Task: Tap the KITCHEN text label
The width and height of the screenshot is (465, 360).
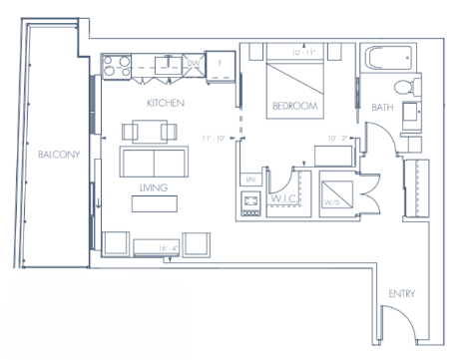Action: (165, 103)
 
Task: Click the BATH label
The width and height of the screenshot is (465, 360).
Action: (381, 106)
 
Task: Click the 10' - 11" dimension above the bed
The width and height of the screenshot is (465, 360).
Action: (296, 50)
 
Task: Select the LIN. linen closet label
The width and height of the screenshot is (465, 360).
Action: (248, 180)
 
